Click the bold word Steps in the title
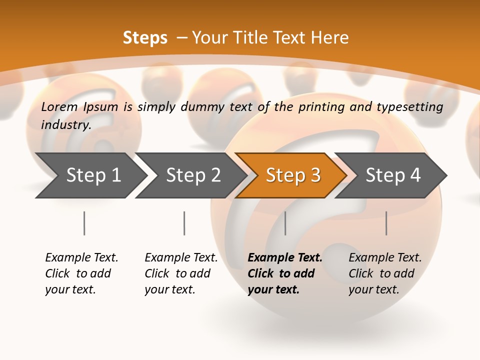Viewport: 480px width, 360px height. coord(145,38)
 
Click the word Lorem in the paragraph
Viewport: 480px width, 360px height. coord(59,106)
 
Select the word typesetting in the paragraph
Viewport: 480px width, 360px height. coord(409,106)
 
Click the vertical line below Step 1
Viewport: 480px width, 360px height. coord(84,223)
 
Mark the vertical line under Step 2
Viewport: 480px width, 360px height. coord(184,223)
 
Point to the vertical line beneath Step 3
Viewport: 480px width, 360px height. coord(285,223)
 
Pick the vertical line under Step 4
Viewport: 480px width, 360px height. coord(386,223)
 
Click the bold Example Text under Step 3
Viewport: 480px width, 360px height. coord(285,257)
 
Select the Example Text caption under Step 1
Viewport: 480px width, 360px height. coord(81,257)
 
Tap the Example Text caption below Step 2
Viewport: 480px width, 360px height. coord(181,257)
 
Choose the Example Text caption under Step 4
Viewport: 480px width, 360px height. coord(385,257)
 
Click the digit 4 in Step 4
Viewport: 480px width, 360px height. coord(415,175)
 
